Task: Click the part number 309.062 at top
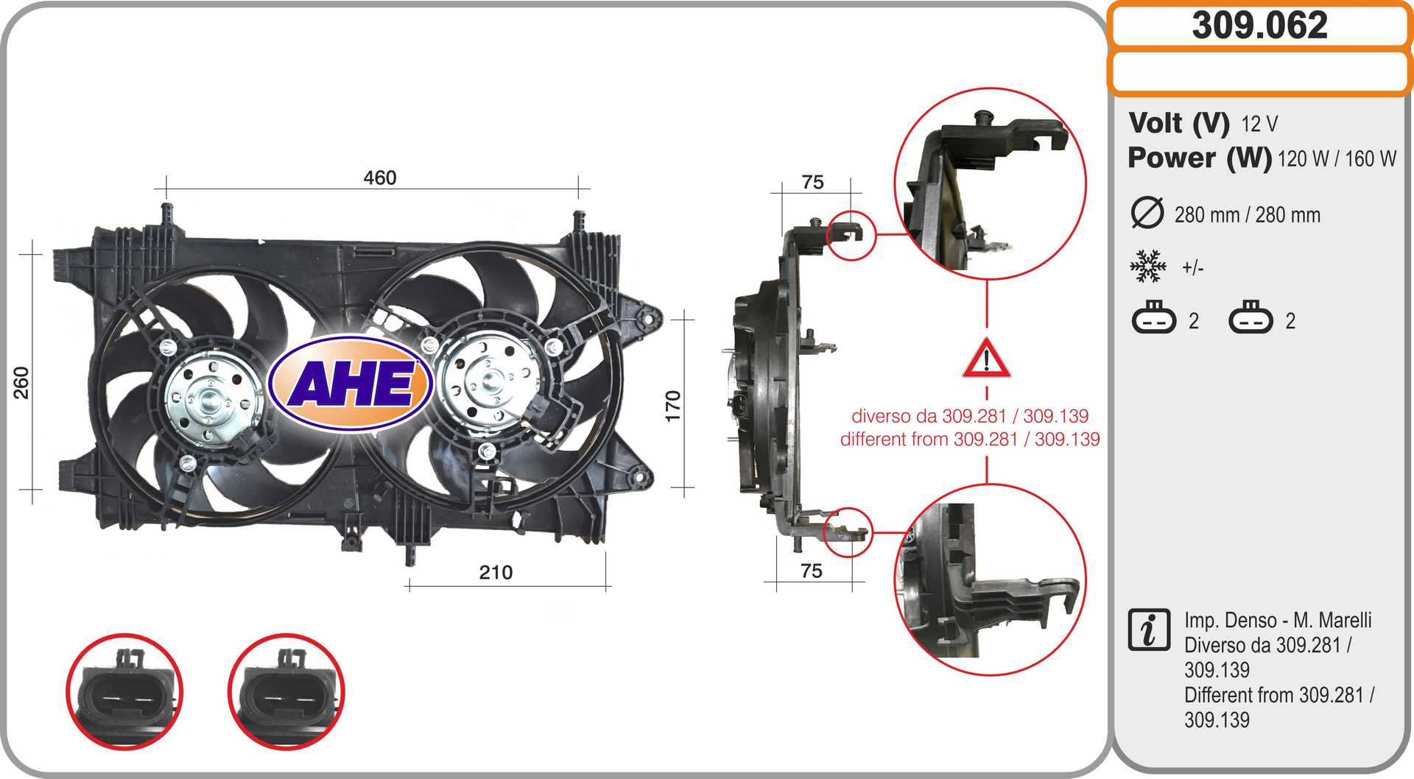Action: point(1259,25)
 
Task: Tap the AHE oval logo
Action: point(351,383)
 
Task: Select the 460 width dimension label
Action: point(380,177)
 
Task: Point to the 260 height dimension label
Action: point(21,383)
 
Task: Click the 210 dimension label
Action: point(496,572)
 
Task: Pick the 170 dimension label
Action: point(672,406)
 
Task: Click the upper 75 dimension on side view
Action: point(812,182)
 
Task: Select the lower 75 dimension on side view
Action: point(811,571)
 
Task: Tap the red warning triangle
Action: point(987,359)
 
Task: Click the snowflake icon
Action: point(1148,266)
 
